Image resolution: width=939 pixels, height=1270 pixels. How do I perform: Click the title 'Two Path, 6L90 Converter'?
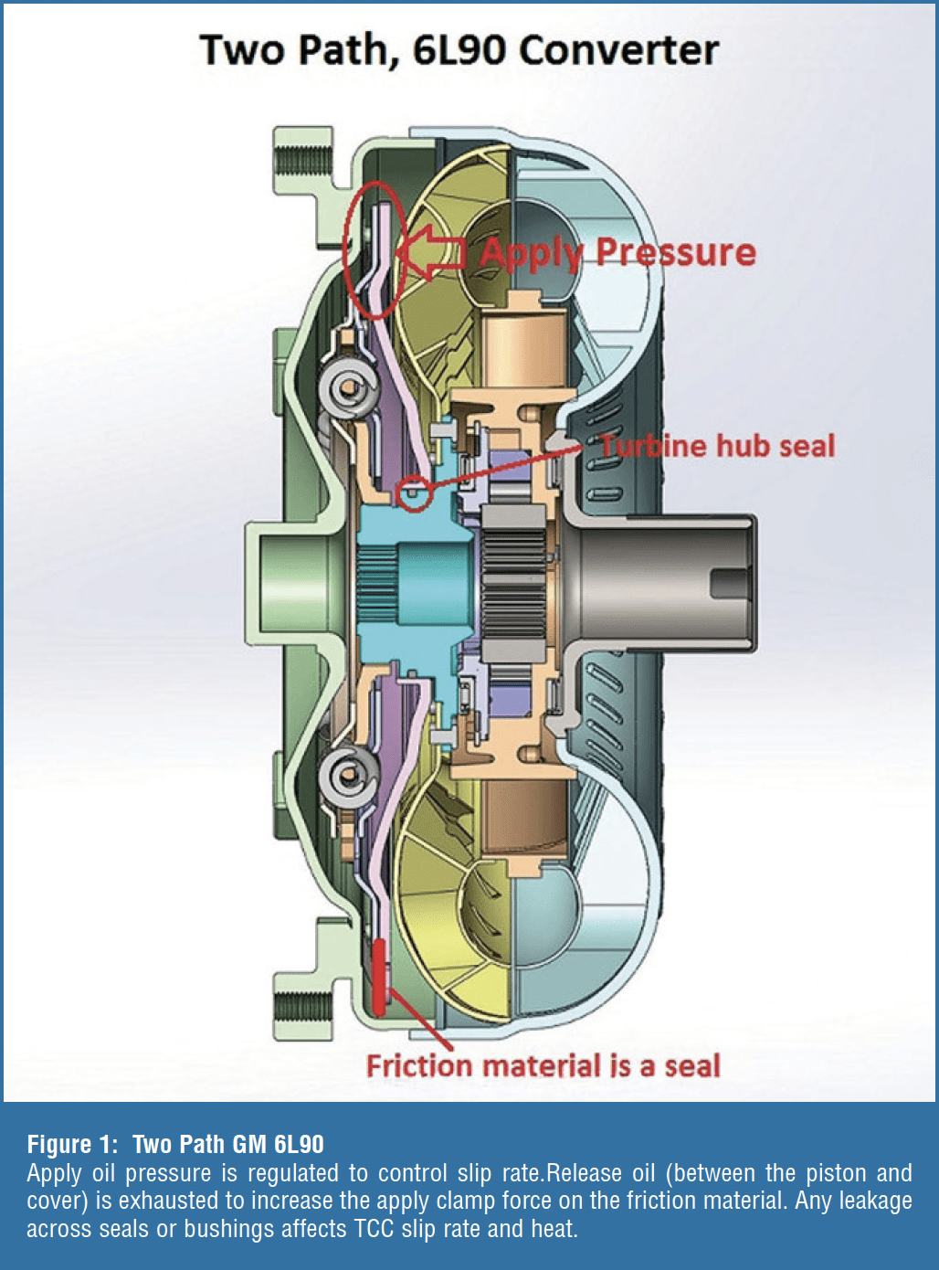coord(459,49)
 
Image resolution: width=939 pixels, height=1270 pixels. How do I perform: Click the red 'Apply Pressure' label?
coord(618,252)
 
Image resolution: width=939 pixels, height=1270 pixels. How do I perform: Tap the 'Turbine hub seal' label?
coord(718,446)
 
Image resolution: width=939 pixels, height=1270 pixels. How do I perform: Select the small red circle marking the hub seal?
coord(415,493)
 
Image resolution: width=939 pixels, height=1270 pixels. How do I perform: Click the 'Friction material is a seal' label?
coord(543,1065)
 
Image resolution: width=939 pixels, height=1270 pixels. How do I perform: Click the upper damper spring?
coord(347,388)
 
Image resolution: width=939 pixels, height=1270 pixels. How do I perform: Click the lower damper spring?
coord(347,778)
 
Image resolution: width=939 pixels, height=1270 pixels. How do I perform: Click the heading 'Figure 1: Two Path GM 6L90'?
coord(175,1144)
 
